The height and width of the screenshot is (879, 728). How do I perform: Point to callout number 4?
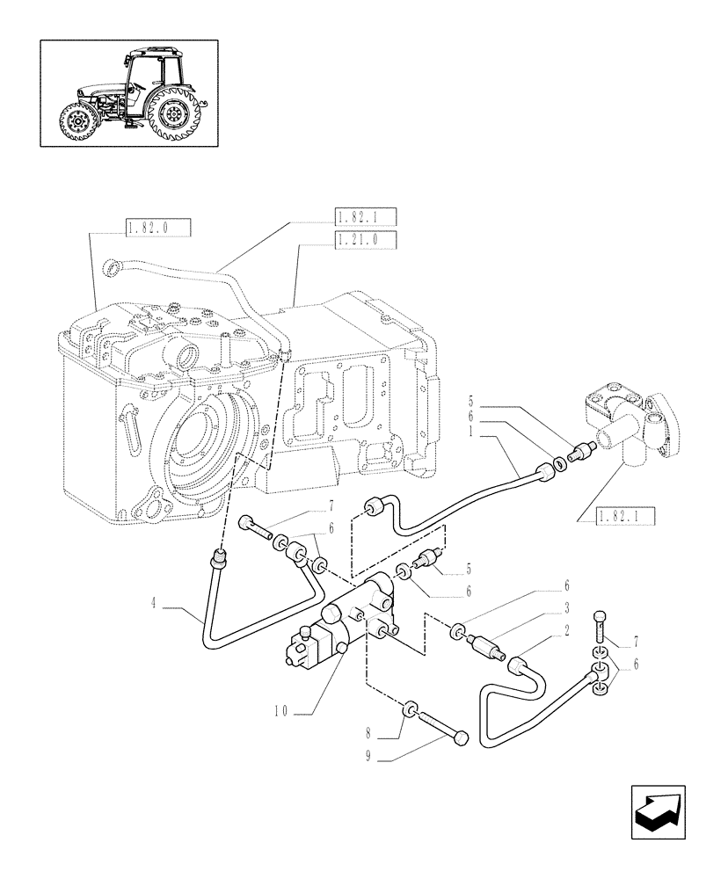[155, 603]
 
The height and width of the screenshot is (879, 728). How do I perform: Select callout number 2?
[569, 631]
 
